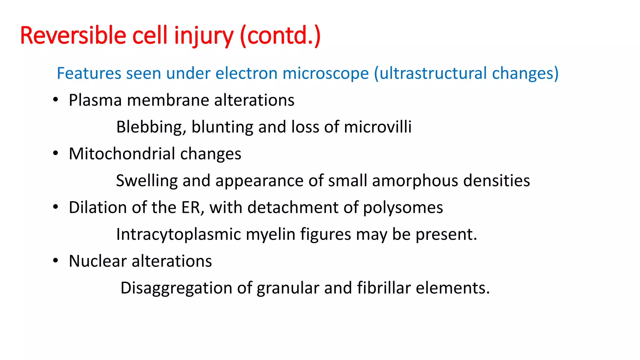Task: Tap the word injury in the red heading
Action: [x=203, y=36]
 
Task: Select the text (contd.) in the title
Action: [x=280, y=36]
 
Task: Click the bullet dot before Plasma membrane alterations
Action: [x=56, y=100]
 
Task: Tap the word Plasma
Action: [x=95, y=100]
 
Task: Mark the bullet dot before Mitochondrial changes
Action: [x=56, y=153]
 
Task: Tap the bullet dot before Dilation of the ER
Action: [x=56, y=207]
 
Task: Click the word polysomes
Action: [x=403, y=208]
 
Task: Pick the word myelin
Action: [x=270, y=234]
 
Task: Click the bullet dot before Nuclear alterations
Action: [x=56, y=261]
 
